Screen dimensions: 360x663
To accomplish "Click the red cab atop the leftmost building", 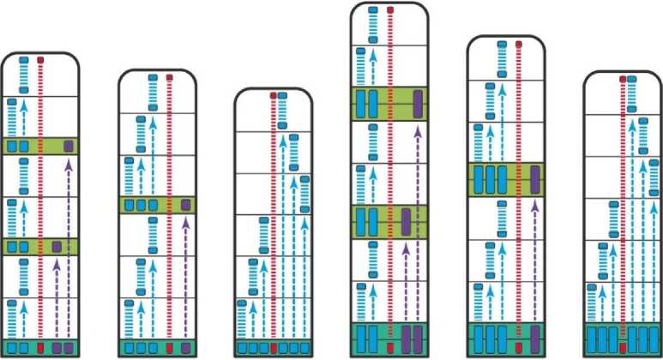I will coord(39,61).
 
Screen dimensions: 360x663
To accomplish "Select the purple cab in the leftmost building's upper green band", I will coord(68,147).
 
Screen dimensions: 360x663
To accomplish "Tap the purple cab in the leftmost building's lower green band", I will coord(57,247).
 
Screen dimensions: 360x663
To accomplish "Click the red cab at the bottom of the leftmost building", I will coord(39,348).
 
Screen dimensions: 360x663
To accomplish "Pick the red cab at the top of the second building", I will coord(170,78).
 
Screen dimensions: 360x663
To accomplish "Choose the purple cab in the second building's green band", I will coord(185,205).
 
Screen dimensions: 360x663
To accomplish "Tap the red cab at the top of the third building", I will coord(274,95).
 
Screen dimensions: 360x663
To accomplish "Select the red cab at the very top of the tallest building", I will coord(390,10).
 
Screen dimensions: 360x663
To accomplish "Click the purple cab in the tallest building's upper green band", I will coord(418,103).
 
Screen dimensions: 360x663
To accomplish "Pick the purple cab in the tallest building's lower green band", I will coord(407,221).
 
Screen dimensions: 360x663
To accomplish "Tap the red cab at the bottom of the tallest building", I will coord(390,348).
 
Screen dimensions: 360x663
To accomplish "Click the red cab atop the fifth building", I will coord(519,44).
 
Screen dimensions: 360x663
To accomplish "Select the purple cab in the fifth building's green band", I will coord(535,180).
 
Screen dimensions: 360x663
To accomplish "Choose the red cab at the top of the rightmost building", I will coord(623,79).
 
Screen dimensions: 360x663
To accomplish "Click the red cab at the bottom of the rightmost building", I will coord(623,348).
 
